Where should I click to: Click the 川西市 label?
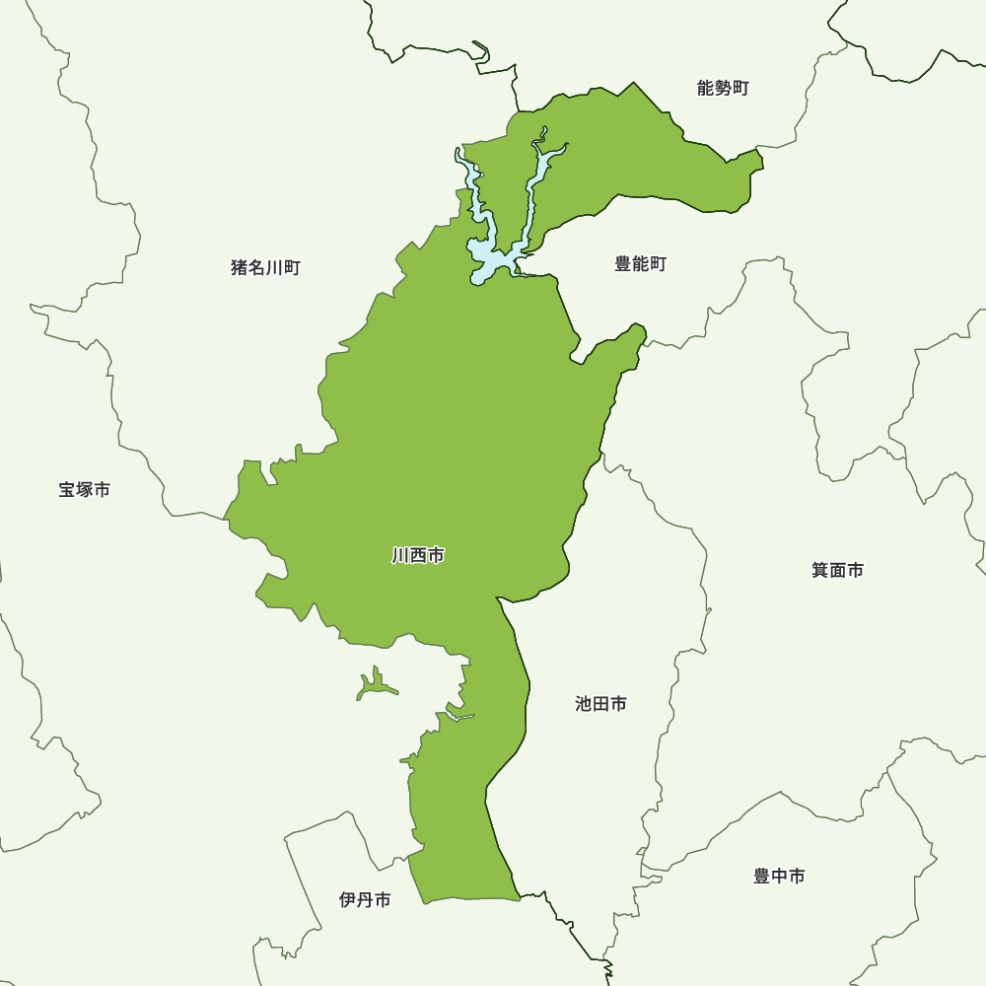point(418,556)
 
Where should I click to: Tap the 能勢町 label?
point(723,89)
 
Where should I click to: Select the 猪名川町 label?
point(265,267)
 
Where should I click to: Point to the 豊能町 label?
point(641,264)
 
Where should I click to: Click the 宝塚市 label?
point(84,489)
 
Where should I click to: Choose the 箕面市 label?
point(838,570)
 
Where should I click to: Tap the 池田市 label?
point(600,704)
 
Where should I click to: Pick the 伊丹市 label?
point(365,899)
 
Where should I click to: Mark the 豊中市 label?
point(779,876)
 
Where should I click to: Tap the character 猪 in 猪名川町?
point(240,267)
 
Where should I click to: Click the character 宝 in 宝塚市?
point(67,489)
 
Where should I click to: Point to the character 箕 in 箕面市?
point(820,570)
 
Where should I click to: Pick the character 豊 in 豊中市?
point(762,876)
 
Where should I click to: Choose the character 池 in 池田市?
point(584,704)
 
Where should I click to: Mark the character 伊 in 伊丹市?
point(347,899)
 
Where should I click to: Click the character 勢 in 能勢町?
point(723,89)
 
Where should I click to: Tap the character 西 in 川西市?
point(418,556)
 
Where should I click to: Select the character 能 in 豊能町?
point(641,264)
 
